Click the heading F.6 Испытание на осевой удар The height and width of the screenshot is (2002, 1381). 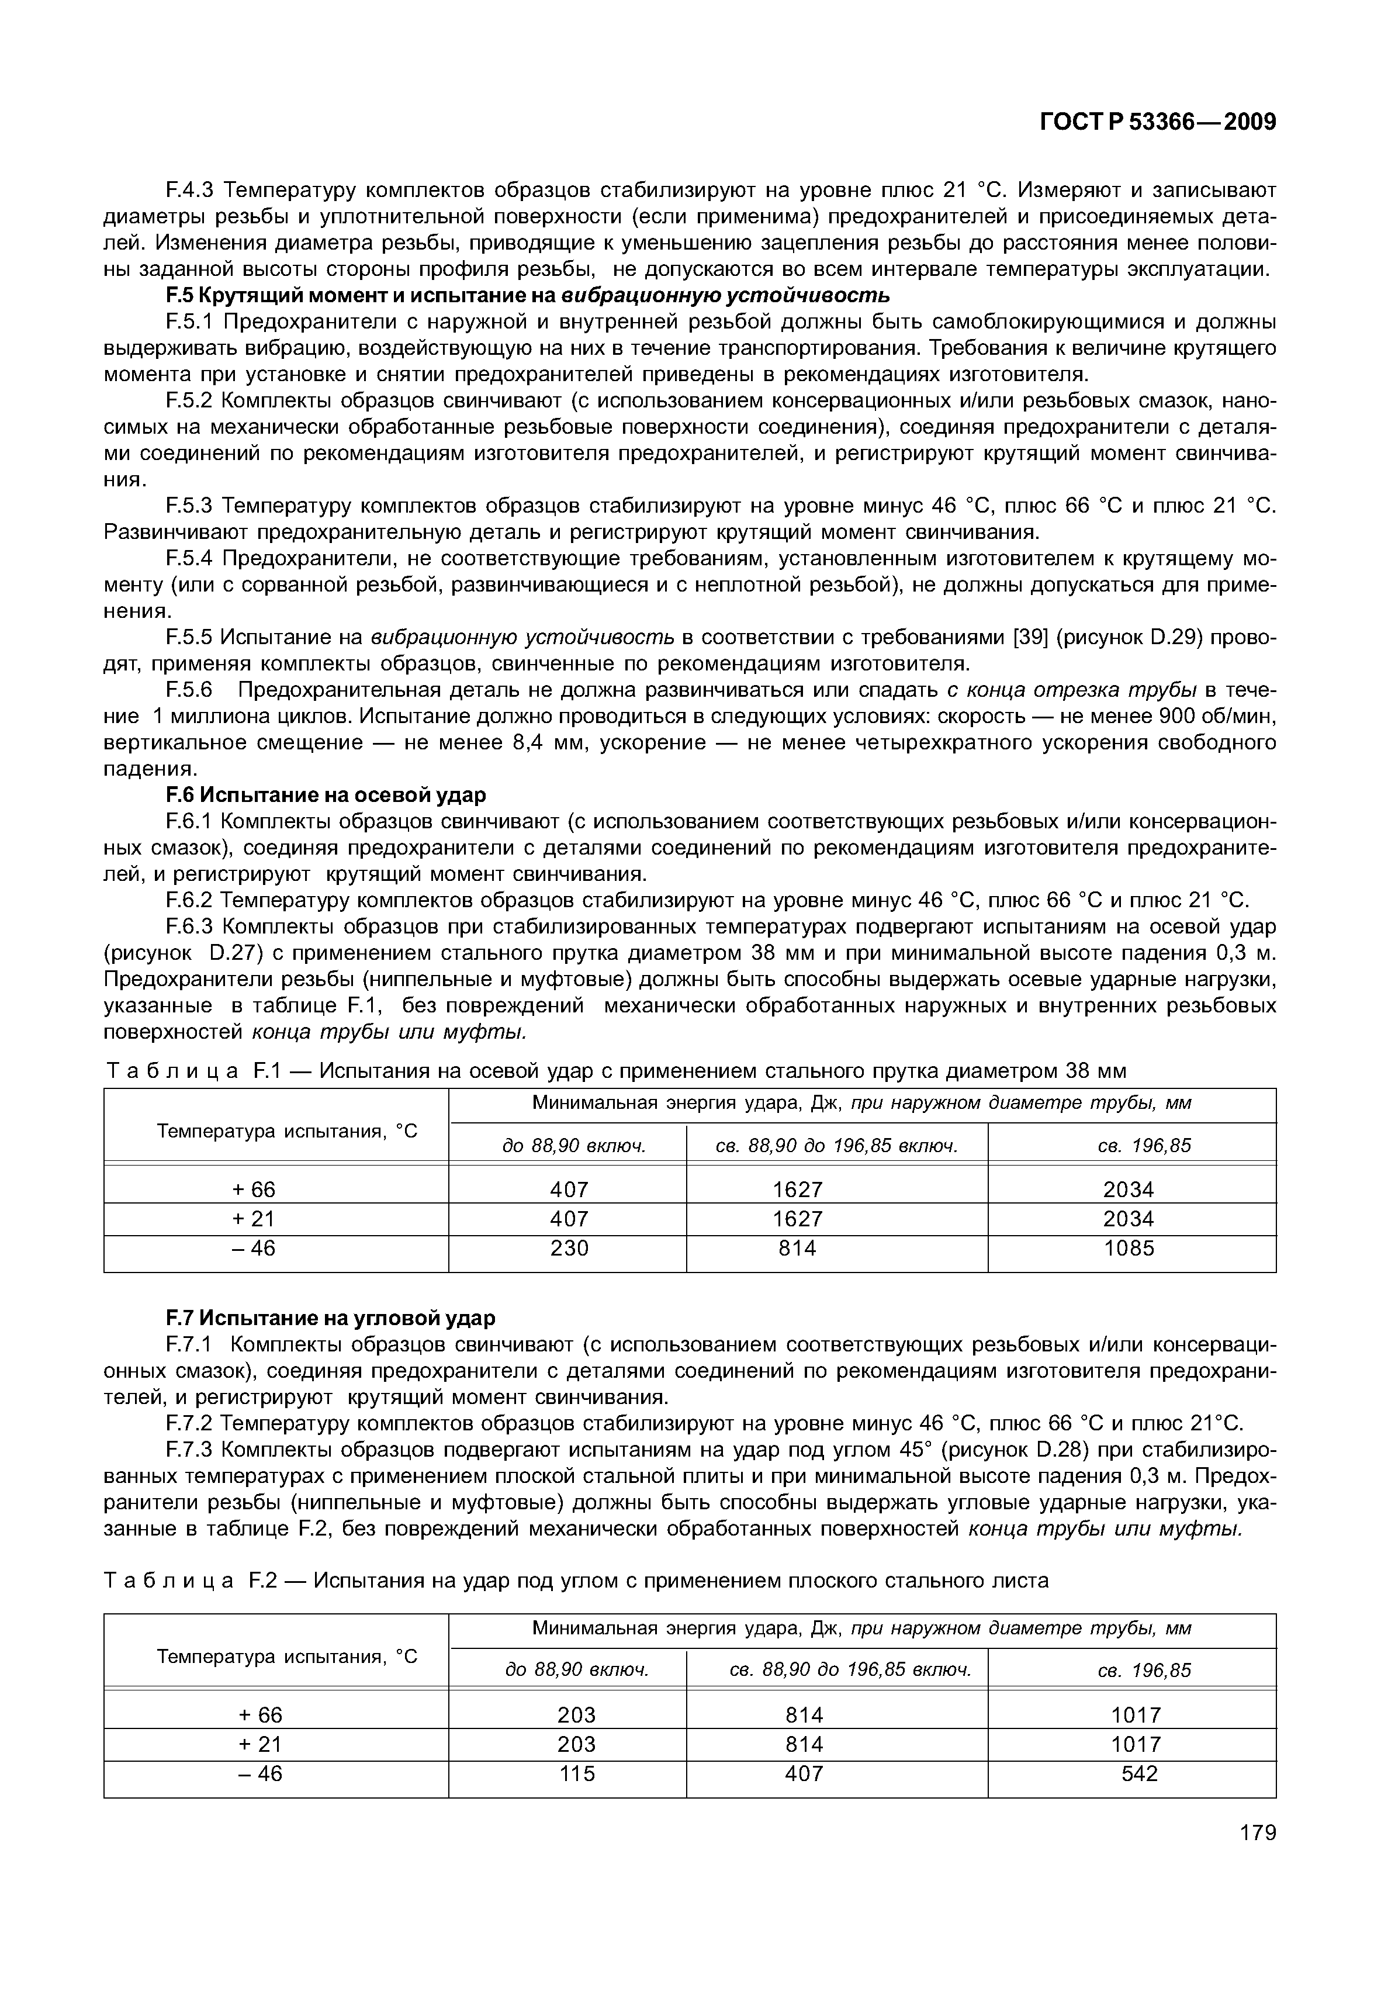(326, 795)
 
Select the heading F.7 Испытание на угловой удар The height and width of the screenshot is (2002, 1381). (331, 1318)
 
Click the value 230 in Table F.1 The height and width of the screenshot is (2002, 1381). (569, 1249)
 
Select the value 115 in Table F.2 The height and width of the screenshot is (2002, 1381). (577, 1773)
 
